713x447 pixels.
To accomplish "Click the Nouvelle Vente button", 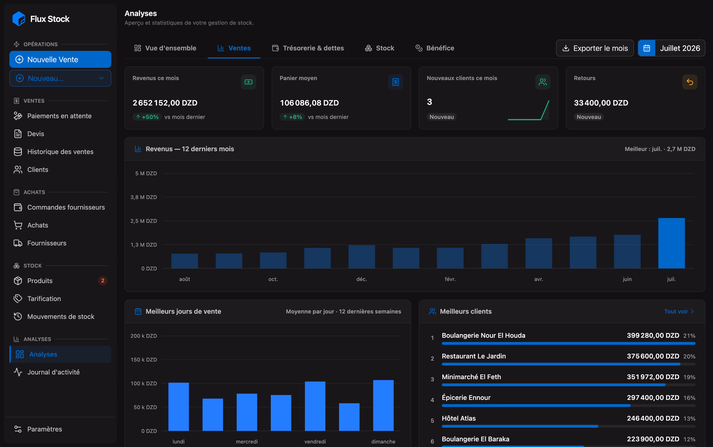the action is (x=60, y=59).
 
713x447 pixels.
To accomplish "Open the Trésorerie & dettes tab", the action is (x=308, y=48).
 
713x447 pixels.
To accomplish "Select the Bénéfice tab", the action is (x=435, y=48).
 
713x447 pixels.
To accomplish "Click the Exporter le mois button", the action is (x=595, y=48).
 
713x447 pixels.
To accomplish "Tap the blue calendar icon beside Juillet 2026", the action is (x=647, y=48).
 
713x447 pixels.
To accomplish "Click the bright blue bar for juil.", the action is (x=671, y=243).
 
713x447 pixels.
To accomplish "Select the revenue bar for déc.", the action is (x=362, y=257).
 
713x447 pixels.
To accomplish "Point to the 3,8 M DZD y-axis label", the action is (x=144, y=197).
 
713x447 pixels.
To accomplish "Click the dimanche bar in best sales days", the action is (x=383, y=405).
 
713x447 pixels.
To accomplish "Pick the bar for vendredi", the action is (x=315, y=406).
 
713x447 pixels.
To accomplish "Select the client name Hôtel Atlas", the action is (x=458, y=418).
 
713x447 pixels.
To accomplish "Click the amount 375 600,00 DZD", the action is (x=653, y=356).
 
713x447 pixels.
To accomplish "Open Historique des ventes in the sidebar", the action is (x=60, y=152).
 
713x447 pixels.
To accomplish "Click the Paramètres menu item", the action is (x=44, y=429).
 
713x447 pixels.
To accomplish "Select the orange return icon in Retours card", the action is (x=690, y=82).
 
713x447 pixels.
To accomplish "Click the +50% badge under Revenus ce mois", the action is (x=147, y=117).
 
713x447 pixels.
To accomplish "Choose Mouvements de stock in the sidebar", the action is (x=60, y=316).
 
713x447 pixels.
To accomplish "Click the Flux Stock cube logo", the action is (x=19, y=19).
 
